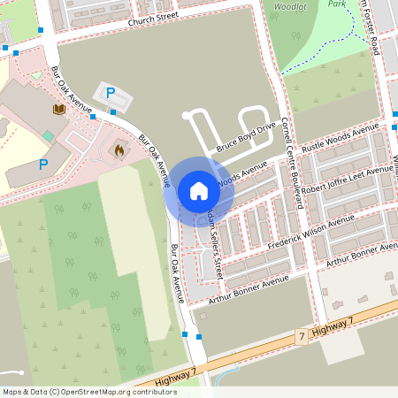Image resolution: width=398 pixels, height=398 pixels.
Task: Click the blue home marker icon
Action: coord(199,190)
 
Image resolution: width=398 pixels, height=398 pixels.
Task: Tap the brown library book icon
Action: coord(58,109)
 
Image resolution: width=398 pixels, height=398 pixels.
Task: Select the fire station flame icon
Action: coord(119,151)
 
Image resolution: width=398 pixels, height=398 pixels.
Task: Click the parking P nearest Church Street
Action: coord(111,93)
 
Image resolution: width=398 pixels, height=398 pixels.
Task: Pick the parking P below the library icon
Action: coord(42,164)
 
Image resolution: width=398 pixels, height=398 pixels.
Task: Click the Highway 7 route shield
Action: coord(302,337)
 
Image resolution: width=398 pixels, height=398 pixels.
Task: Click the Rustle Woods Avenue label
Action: coord(340,139)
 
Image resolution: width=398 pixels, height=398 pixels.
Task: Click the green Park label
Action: coord(336,4)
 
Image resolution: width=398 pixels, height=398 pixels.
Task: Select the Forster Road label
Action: coord(378,27)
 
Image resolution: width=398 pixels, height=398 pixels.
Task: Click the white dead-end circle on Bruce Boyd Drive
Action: coord(186,116)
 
